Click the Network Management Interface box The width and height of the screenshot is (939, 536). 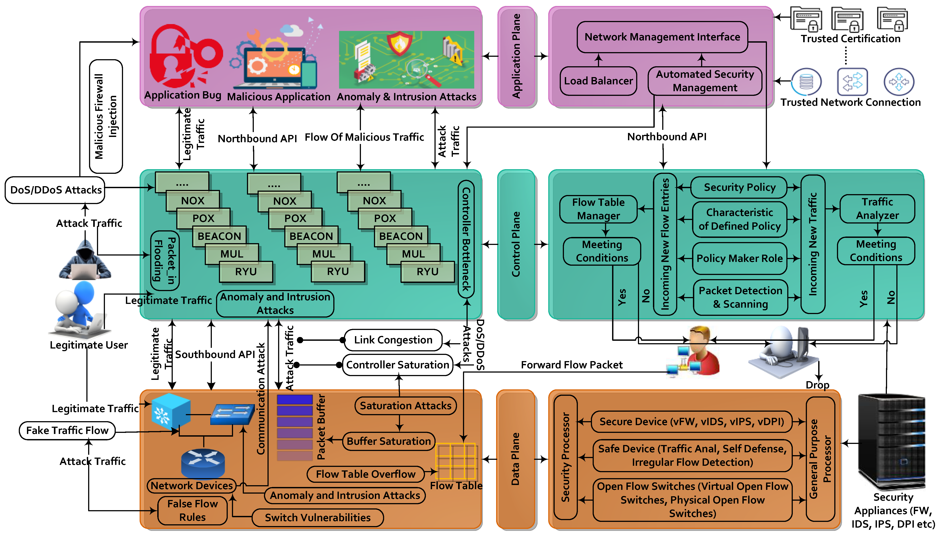pos(662,37)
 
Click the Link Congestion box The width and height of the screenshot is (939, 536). pos(393,340)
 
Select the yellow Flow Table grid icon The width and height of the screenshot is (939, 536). pos(456,462)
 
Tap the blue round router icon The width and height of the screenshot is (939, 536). pos(203,464)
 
